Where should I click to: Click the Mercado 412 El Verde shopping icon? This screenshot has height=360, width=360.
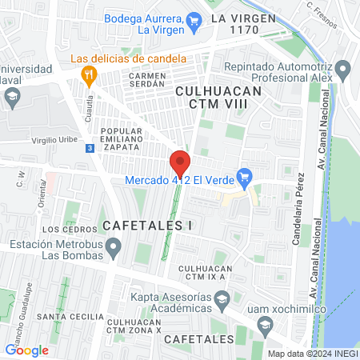pos(246,178)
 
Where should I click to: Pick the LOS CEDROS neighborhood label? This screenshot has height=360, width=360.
pos(63,230)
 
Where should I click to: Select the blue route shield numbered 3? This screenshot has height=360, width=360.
pos(90,148)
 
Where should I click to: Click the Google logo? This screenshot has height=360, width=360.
pos(26,349)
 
